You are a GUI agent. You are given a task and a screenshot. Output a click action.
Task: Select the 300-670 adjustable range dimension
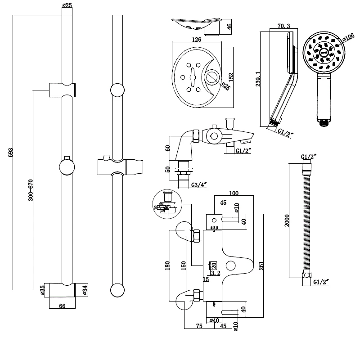click(31, 189)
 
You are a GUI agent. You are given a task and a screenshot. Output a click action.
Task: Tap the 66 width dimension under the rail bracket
click(62, 306)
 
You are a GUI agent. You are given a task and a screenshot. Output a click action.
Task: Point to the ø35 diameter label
click(42, 290)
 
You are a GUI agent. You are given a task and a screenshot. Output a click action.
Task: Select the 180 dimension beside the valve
click(168, 265)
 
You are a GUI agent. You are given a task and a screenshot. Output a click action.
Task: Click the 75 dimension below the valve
click(198, 327)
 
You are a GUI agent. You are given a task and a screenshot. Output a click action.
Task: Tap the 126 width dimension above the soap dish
click(196, 39)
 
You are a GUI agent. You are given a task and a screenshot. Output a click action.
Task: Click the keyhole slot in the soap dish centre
click(193, 76)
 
